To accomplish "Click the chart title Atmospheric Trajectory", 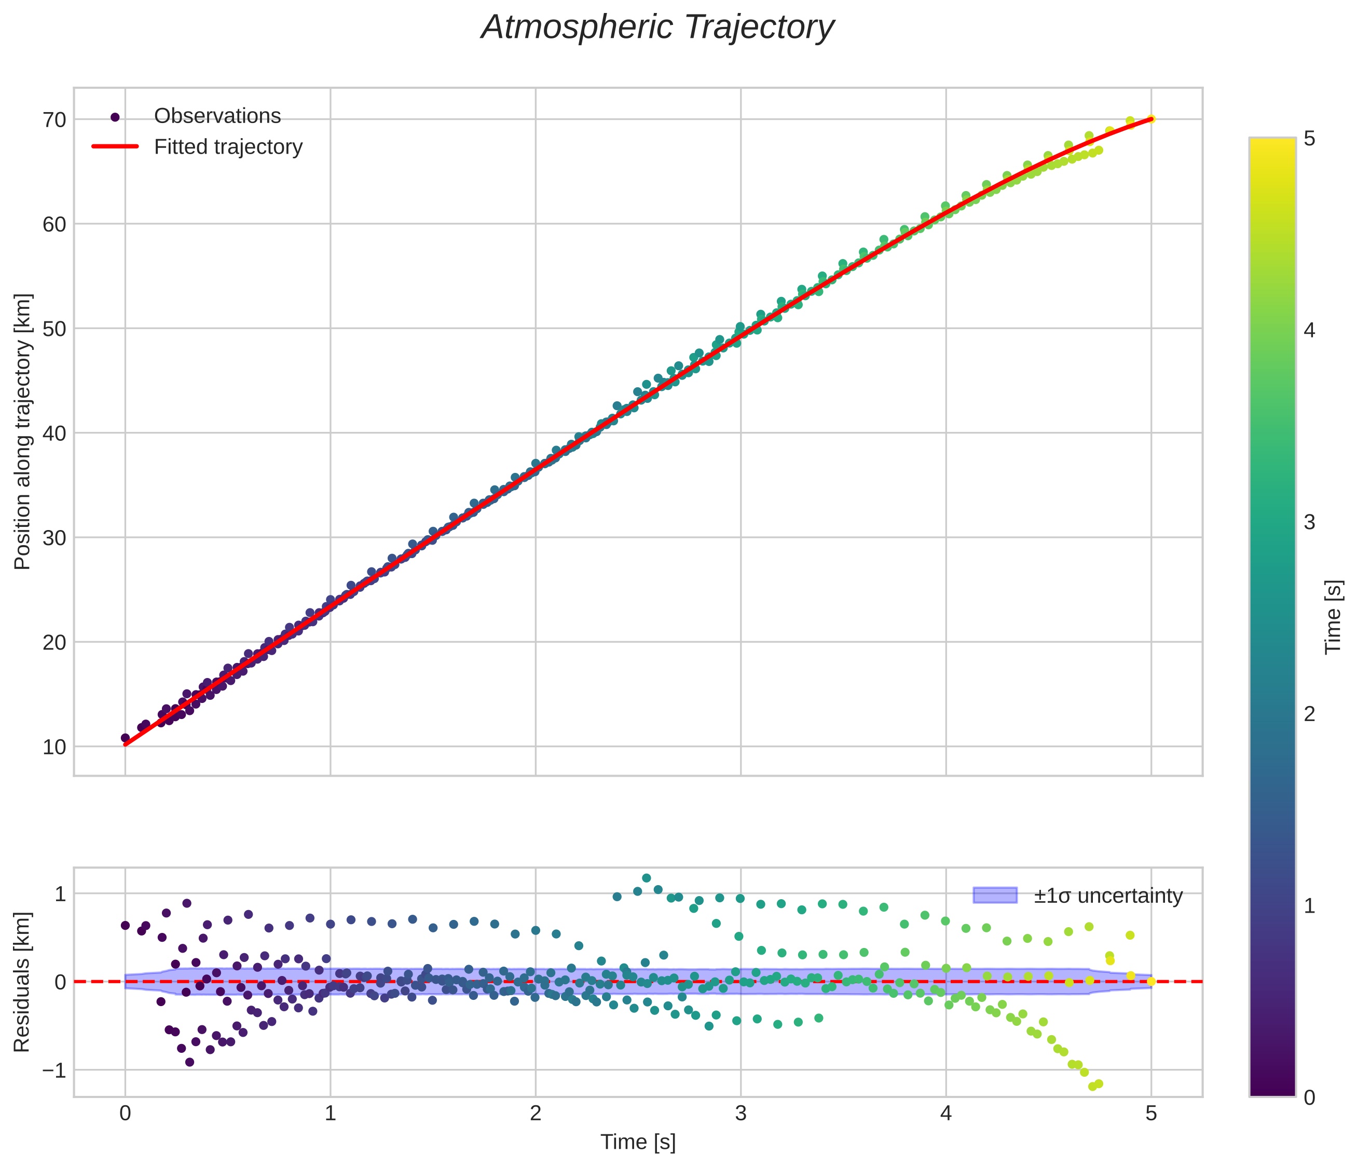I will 657,28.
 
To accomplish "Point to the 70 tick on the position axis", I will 55,120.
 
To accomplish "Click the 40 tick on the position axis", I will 55,433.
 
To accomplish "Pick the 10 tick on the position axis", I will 55,747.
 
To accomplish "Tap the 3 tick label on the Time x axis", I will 741,1114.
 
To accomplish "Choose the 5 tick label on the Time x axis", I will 1152,1114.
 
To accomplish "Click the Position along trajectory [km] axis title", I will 23,432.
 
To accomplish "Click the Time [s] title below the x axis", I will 638,1142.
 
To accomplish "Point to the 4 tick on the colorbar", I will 1309,331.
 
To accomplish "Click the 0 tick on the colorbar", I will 1309,1097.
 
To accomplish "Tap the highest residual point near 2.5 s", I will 647,878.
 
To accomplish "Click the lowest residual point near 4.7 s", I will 1092,1087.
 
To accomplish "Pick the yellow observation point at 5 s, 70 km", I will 1150,119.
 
